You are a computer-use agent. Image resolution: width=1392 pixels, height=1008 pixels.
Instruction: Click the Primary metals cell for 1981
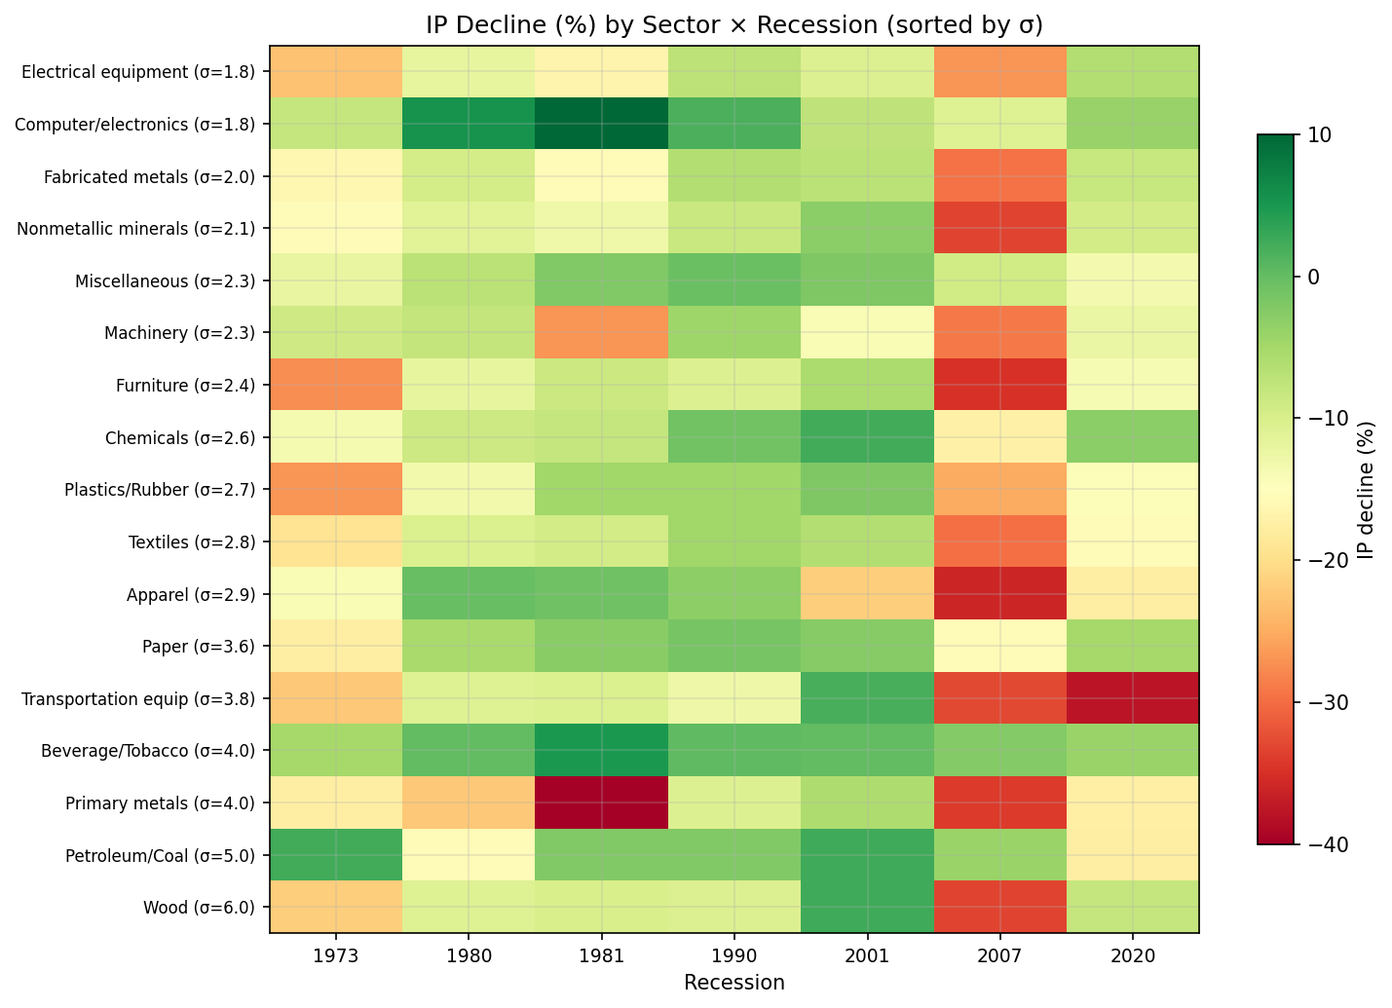602,803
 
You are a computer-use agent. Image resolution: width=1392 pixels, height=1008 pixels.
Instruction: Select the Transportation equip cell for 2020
1133,698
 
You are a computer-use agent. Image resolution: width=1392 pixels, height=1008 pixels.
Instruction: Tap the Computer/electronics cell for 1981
602,124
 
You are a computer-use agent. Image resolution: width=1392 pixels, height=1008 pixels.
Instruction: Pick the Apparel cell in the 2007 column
1000,594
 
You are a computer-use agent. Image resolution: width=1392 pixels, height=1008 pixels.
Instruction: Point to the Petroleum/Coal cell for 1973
336,855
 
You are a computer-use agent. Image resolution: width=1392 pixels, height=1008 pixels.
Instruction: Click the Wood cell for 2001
867,907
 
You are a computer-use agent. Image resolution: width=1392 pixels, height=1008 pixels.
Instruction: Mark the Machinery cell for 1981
602,332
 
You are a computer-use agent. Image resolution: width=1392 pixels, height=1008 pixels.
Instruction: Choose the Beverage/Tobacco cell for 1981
602,750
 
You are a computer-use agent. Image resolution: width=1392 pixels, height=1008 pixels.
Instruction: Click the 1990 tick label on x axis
734,956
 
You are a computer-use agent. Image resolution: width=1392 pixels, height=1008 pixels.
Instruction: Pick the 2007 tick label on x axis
1000,956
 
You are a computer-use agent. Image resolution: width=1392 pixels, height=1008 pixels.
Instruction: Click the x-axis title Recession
734,983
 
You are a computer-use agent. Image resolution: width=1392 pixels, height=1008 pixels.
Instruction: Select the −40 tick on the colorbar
1320,844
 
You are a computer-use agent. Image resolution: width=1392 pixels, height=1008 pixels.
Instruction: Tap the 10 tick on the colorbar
1312,134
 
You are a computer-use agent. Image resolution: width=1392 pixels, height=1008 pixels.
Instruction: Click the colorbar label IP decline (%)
1366,490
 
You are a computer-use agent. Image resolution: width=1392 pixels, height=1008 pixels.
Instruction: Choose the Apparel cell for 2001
867,594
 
